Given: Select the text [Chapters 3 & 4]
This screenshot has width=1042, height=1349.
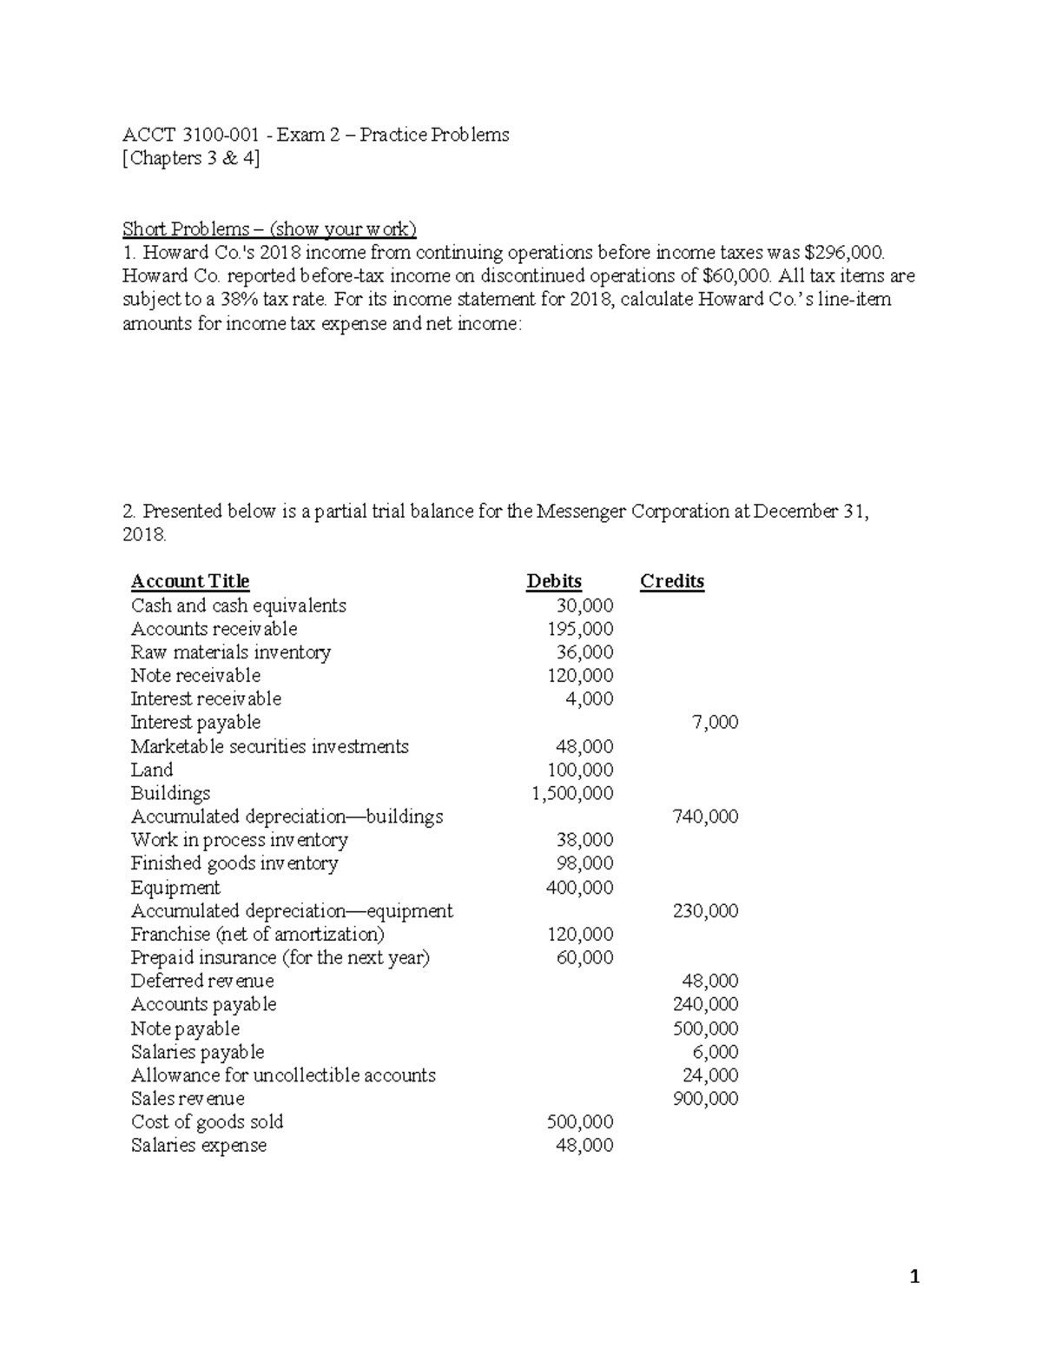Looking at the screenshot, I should coord(191,158).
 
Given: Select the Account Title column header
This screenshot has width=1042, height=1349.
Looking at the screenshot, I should coord(190,581).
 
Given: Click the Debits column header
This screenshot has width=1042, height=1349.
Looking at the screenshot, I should coord(554,581).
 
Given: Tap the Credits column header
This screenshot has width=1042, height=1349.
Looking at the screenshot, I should coord(672,581).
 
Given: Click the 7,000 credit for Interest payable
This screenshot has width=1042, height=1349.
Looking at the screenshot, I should coord(716,723).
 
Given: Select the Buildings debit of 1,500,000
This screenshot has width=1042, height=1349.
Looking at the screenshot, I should coord(572,793).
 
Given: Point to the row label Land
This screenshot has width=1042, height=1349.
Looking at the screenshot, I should coord(152,770).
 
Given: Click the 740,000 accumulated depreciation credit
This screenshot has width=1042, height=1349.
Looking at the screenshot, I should coord(705,817).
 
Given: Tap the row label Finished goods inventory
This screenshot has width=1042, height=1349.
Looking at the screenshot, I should coord(234,863).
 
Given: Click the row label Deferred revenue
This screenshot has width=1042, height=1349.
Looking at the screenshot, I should coord(202,981).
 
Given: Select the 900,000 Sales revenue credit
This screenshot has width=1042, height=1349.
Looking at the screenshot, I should coord(705,1099).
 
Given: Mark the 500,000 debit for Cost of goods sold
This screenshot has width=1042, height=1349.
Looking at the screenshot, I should coord(580,1122).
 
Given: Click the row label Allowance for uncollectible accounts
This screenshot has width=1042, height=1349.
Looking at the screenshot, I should coord(283,1075).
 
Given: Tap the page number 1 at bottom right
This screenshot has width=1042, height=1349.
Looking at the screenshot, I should coord(913,1277).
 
